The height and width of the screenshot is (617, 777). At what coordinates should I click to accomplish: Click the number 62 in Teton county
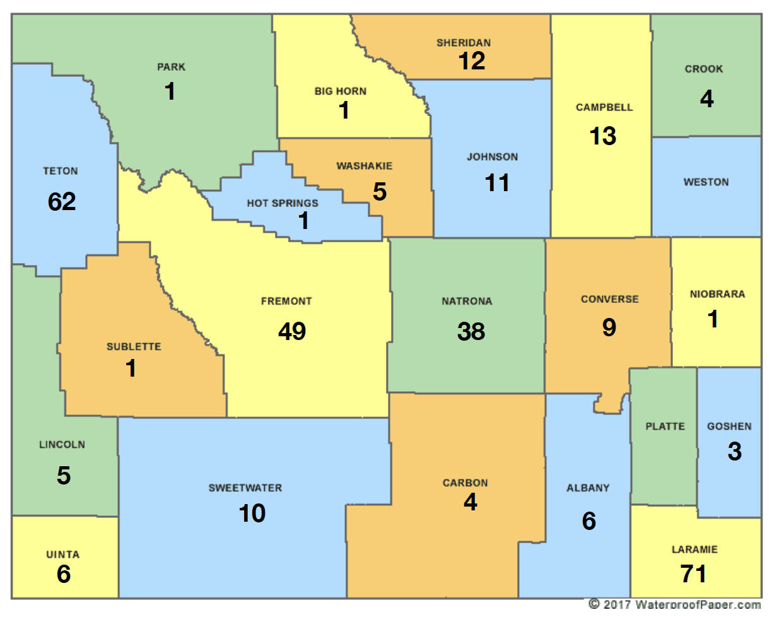point(61,201)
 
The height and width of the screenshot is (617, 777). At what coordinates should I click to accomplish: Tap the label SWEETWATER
point(245,488)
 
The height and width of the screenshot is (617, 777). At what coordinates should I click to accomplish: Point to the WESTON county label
point(706,182)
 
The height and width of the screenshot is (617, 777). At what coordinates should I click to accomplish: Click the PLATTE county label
point(665,426)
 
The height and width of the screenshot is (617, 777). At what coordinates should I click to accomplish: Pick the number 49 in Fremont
point(291,331)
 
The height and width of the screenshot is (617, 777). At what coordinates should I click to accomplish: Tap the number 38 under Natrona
point(470,331)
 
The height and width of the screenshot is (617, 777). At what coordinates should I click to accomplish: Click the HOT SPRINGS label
point(282,203)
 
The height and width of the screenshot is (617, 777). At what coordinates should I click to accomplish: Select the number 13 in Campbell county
point(603,136)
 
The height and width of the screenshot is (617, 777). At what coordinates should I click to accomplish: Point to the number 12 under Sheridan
point(471,61)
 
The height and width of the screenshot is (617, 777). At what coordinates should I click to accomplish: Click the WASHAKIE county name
point(364,166)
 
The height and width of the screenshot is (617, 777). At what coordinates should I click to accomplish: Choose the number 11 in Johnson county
point(497,183)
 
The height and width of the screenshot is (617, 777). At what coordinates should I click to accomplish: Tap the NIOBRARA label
point(717,294)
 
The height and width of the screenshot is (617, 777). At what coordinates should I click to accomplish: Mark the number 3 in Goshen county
point(734,452)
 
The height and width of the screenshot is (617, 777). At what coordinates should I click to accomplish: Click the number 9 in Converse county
point(609,327)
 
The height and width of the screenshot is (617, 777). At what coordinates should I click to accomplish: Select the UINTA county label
point(63,555)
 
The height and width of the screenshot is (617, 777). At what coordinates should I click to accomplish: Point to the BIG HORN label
point(340,91)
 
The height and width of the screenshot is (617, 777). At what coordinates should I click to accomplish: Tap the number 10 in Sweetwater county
point(252,514)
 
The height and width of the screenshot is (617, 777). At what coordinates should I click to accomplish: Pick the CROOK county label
point(704,69)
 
